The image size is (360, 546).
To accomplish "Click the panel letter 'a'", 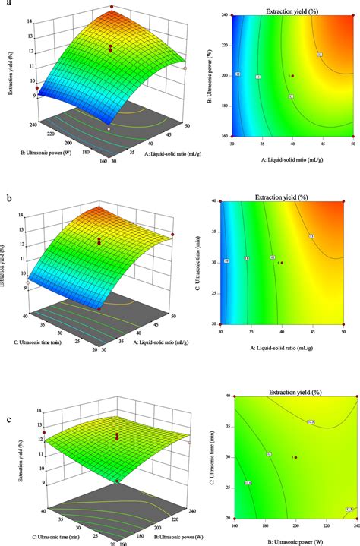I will point(6,5).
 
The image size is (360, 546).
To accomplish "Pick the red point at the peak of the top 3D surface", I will point(112,8).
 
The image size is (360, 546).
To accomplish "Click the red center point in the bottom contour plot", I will point(295,457).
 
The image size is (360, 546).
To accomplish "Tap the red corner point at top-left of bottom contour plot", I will point(234,396).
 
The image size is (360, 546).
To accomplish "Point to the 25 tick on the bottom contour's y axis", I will point(226,488).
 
